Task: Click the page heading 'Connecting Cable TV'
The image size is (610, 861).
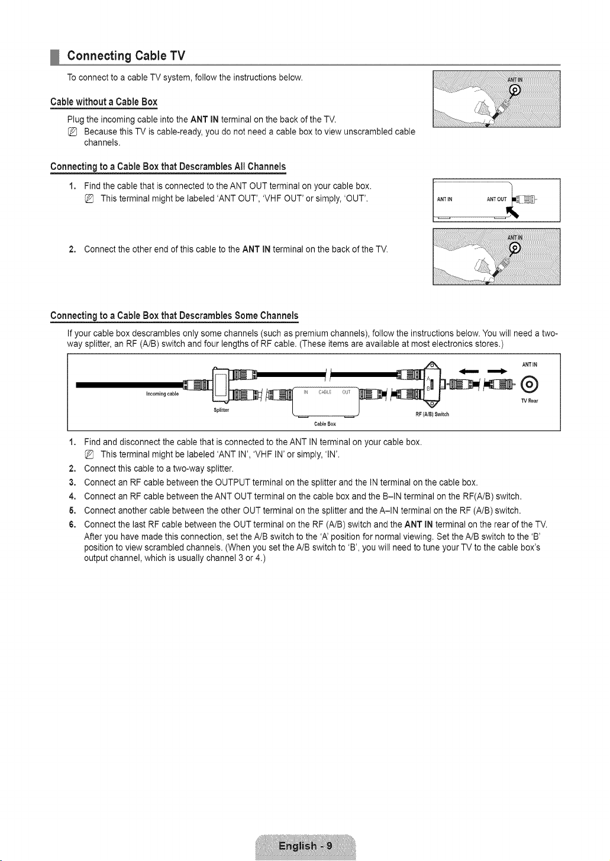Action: [x=126, y=56]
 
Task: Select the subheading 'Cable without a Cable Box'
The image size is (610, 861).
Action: [x=104, y=102]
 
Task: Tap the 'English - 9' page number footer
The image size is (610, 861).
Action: [x=305, y=846]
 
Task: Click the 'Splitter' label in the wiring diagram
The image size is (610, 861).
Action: [x=221, y=410]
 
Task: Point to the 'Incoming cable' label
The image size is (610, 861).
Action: [x=162, y=394]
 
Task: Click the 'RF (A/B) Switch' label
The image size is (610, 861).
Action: [x=433, y=414]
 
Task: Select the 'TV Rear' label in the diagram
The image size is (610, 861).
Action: [x=530, y=401]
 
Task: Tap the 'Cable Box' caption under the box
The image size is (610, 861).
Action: [x=325, y=424]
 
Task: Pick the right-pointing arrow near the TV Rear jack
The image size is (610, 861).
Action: [x=498, y=371]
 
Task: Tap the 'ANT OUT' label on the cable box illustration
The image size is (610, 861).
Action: [x=496, y=199]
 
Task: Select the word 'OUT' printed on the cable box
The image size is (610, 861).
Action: [x=346, y=392]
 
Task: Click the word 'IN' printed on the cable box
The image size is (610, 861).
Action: [x=306, y=392]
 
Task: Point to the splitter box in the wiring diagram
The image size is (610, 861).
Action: [x=221, y=386]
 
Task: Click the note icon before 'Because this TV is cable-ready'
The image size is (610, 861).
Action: [x=72, y=132]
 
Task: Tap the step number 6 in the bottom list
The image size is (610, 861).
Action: [x=71, y=525]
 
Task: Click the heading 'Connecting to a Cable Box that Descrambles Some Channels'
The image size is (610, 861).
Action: [x=175, y=316]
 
